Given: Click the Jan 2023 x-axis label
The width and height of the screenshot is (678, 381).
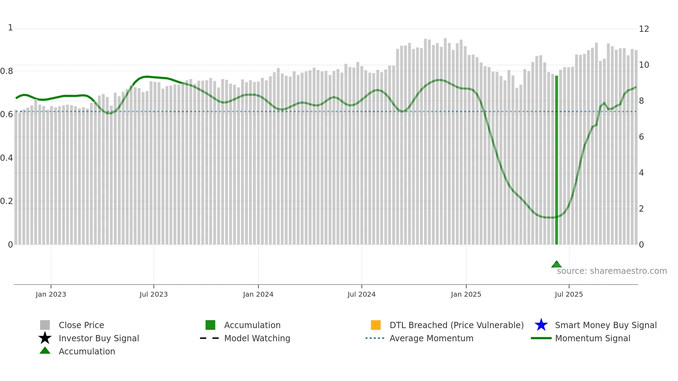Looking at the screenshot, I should pos(51,294).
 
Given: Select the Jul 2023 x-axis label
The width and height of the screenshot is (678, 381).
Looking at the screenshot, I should pos(154,294).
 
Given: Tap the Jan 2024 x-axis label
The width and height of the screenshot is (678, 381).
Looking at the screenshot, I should pos(258,294).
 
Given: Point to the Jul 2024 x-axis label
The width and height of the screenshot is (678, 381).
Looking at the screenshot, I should pos(361,294).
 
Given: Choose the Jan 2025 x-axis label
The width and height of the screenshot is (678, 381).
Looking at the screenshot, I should pos(466,294).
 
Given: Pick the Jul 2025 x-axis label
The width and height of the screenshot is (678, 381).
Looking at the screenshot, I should pos(569,294).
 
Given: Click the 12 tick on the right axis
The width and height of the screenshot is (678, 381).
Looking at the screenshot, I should pos(644,29).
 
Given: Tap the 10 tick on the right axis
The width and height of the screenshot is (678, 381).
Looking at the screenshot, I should pos(644,65).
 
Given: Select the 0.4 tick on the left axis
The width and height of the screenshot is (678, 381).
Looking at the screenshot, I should pos(7,158).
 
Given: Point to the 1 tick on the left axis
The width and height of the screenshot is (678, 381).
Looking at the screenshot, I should pos(10,28).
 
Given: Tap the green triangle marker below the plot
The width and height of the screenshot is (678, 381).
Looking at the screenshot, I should pos(556,264).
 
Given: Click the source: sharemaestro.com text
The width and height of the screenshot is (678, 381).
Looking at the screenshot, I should pos(612,271).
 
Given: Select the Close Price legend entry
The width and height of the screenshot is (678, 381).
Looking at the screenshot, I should pos(81,325).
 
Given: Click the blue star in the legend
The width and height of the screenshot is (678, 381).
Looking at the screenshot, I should pos(541,325).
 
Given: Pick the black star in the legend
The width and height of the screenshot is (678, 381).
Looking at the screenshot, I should pos(45,338).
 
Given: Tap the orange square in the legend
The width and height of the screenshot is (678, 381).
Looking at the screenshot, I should pos(376,325).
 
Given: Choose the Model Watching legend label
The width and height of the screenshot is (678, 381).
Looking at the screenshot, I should pos(257,338).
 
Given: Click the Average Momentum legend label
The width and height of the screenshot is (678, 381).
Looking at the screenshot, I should pos(431,338).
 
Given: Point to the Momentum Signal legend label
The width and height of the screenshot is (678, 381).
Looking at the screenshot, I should pos(593,338).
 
